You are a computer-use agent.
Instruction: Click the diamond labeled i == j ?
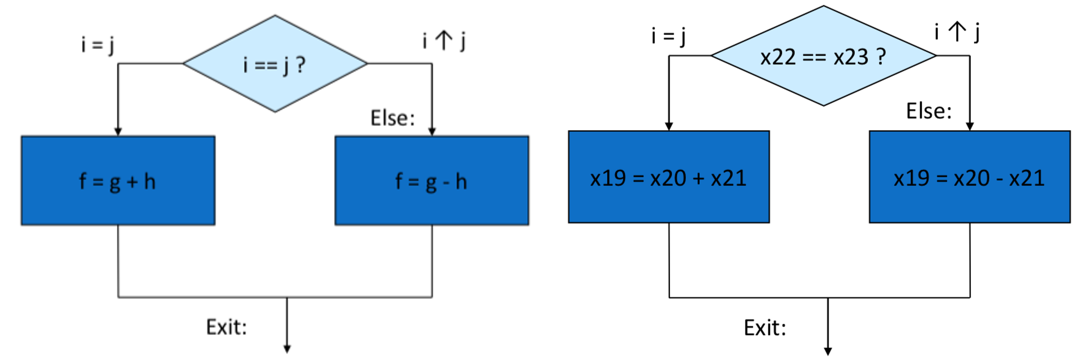(x=275, y=64)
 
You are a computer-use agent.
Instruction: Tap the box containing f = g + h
(x=118, y=180)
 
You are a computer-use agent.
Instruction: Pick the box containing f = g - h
(x=432, y=180)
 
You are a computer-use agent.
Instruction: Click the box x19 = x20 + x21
(x=669, y=177)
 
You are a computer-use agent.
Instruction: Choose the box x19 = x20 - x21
(x=970, y=177)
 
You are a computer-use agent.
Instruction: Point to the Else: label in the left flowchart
(x=392, y=118)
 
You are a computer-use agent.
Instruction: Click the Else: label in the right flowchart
(x=929, y=111)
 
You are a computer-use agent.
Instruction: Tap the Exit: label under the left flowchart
(x=226, y=327)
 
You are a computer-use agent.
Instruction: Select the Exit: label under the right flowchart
(x=765, y=328)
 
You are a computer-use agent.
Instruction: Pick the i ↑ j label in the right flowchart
(x=957, y=32)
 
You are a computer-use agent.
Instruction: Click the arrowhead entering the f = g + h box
(x=118, y=132)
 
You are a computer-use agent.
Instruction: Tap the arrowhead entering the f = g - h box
(x=432, y=132)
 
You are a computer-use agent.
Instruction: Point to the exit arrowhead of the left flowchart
(x=287, y=349)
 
